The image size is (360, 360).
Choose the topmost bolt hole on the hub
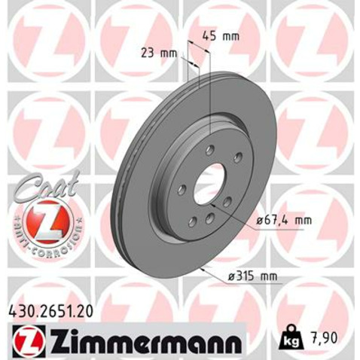click(211, 148)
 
